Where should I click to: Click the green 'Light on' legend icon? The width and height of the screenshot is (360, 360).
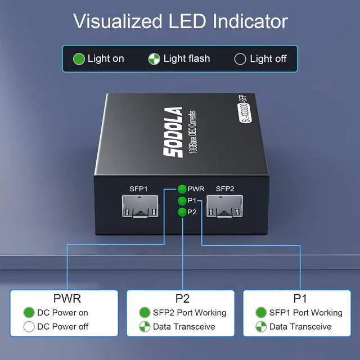79,58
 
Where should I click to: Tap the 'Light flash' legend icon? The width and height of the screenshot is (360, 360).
155,58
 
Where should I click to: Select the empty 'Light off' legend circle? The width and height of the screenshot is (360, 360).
240,58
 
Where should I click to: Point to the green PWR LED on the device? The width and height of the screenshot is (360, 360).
182,189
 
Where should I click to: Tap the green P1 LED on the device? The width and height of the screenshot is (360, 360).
182,201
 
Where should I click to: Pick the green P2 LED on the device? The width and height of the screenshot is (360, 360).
182,211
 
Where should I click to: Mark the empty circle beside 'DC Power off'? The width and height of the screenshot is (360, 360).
29,327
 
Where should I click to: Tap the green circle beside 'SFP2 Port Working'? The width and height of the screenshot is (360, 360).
145,313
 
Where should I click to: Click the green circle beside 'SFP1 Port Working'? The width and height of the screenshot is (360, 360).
261,313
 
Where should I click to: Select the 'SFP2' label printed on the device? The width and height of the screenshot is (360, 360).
225,189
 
